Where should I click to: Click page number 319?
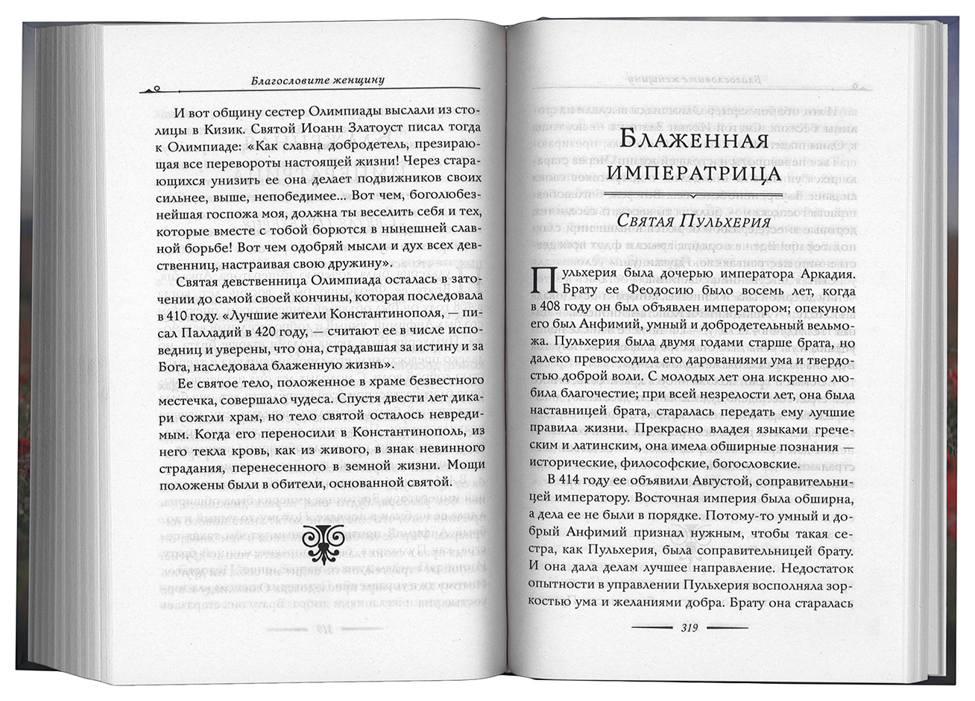click(688, 628)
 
